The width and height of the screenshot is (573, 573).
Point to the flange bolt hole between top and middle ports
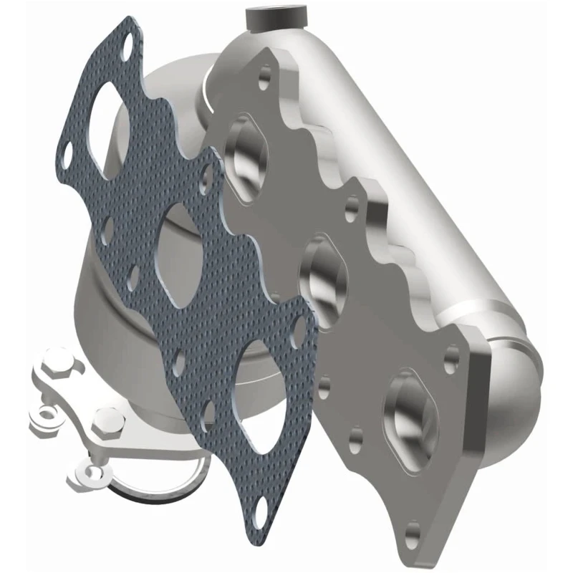350,208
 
